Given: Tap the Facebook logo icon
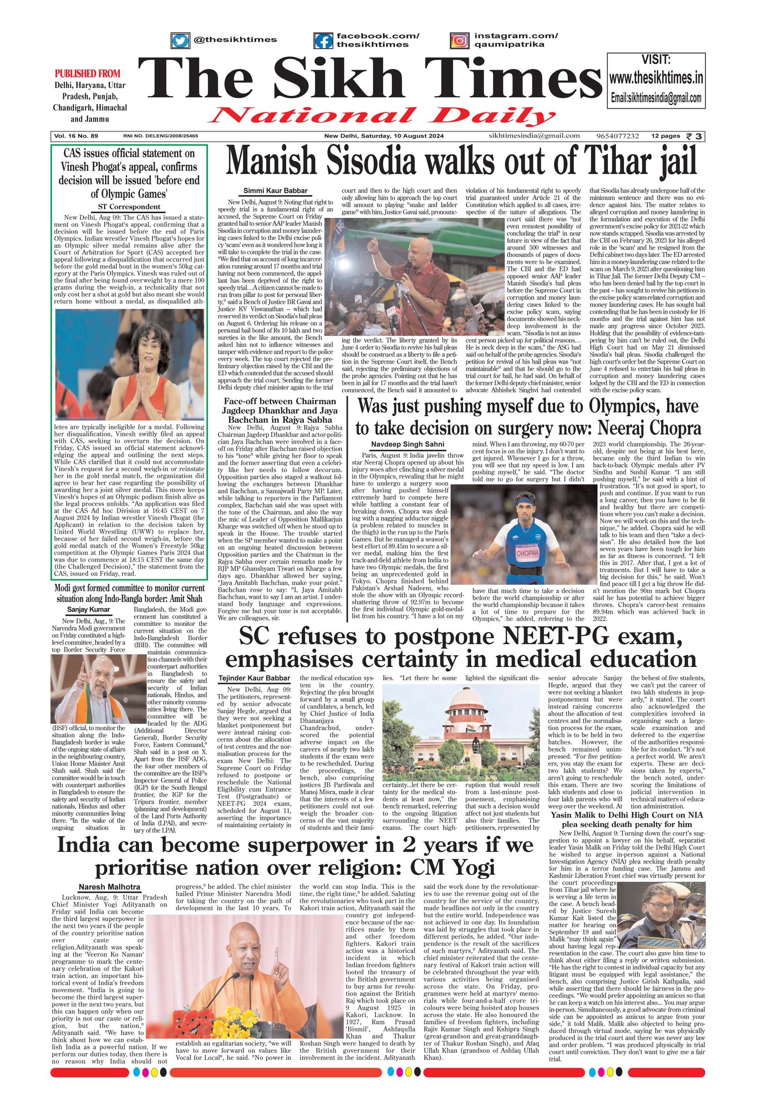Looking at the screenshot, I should [323, 41].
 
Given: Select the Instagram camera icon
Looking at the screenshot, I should [459, 41].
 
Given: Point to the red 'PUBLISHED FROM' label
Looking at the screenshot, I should [87, 73].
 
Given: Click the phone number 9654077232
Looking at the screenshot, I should [617, 136].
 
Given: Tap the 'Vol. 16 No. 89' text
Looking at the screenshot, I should [76, 136].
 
